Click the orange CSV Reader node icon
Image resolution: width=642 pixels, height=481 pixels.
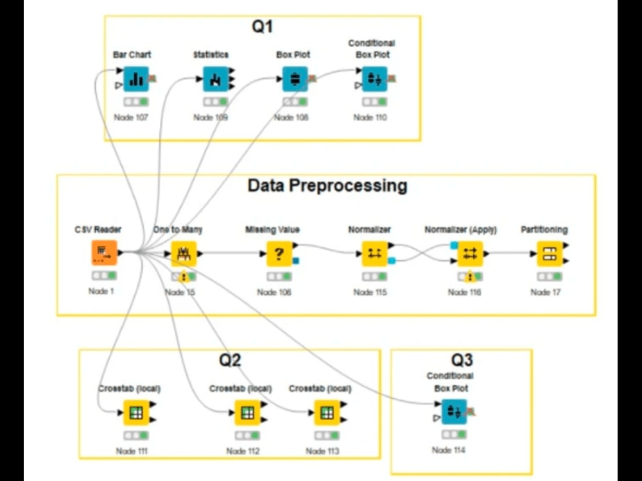(x=104, y=253)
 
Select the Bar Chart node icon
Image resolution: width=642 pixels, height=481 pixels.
(x=135, y=79)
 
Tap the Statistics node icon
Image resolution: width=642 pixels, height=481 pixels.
(x=216, y=79)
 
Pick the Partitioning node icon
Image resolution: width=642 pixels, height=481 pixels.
(x=550, y=253)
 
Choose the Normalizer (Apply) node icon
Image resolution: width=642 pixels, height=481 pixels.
(x=469, y=253)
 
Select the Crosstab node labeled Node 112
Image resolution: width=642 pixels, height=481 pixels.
(x=247, y=413)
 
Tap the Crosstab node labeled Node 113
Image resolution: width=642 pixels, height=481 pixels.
(x=327, y=413)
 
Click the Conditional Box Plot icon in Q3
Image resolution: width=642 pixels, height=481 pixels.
(x=454, y=411)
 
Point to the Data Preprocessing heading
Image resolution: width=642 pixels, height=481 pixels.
(x=327, y=186)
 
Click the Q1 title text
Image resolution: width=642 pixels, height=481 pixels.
(x=262, y=27)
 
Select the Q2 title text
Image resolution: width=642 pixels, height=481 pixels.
(x=230, y=360)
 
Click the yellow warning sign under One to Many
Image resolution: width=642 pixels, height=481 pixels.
(x=183, y=278)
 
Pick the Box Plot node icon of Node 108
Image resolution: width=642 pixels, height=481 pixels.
(x=295, y=79)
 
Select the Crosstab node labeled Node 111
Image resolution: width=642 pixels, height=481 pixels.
(x=135, y=413)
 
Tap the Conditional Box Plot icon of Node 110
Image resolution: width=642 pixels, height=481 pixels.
(x=374, y=79)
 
